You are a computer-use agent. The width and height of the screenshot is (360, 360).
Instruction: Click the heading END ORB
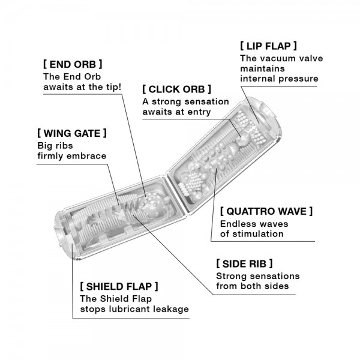pos(73,63)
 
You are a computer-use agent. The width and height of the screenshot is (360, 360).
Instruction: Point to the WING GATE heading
pos(72,132)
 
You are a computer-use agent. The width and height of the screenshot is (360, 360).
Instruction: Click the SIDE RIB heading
pos(244,263)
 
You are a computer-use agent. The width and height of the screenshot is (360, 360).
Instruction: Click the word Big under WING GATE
pos(46,145)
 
